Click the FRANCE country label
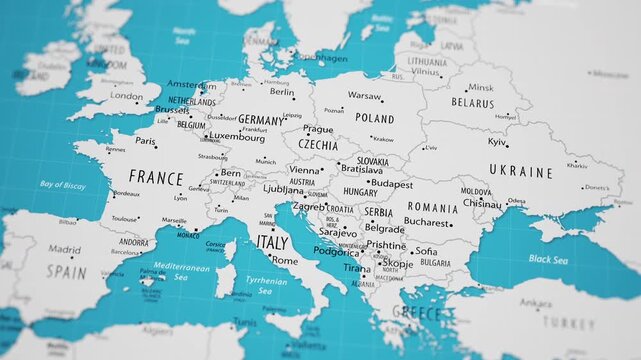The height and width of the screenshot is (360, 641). point(156,178)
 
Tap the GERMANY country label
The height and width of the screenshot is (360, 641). point(261,119)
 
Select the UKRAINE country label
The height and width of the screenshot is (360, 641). point(519,172)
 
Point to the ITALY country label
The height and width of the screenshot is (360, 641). point(272,242)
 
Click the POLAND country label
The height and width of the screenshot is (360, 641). point(374,118)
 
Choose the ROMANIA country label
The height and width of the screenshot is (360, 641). point(432,207)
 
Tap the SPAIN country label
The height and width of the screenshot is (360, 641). point(66,271)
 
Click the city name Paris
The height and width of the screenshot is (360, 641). point(146,142)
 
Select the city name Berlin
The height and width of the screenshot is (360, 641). point(282,91)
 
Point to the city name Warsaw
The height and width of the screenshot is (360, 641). point(365,96)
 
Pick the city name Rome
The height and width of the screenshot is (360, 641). point(285,260)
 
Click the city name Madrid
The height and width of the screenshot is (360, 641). point(64,250)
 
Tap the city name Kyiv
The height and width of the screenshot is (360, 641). point(497,142)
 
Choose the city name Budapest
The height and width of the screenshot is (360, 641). point(390,183)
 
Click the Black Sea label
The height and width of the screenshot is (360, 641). point(548,258)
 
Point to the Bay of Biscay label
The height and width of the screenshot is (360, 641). point(62,185)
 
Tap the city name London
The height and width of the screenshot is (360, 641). point(127,96)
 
